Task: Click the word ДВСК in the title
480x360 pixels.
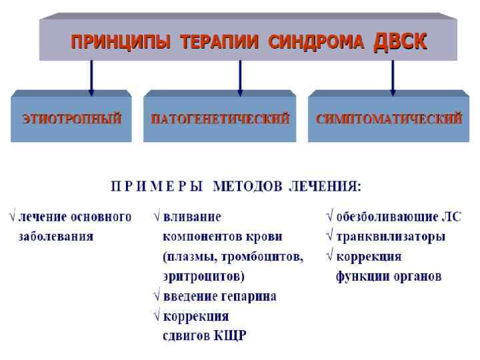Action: click(x=400, y=41)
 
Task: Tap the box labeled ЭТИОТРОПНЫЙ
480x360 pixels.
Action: click(x=71, y=119)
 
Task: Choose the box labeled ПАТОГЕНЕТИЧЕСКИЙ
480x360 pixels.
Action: click(x=219, y=119)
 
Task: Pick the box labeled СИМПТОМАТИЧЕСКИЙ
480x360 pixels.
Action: click(x=388, y=119)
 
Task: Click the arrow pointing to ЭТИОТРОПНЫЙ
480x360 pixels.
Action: click(x=91, y=77)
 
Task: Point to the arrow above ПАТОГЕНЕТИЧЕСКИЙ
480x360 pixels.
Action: click(x=240, y=77)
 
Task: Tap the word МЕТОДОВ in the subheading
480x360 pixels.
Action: click(x=248, y=186)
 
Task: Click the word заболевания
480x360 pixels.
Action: click(x=55, y=236)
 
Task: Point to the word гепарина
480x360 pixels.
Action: click(x=250, y=296)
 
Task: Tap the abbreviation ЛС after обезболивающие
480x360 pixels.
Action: click(x=451, y=217)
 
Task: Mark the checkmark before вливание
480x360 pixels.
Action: click(x=157, y=217)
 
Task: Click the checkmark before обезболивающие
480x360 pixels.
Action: click(x=329, y=217)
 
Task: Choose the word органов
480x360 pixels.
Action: click(x=417, y=276)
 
